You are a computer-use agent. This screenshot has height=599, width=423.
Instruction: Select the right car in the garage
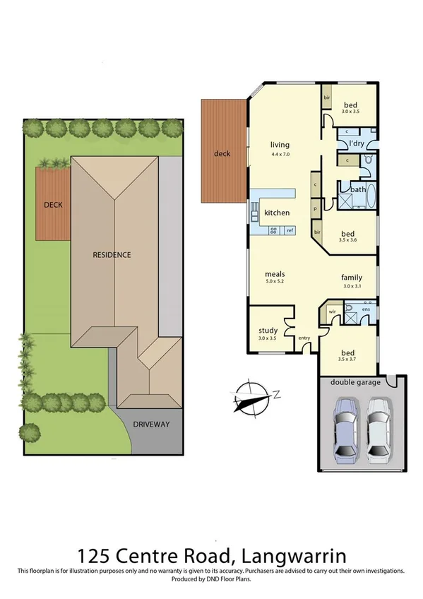coord(377,428)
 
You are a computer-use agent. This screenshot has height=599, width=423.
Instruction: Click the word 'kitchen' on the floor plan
coord(277,213)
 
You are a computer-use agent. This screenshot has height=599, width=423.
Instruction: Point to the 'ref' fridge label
coord(290,230)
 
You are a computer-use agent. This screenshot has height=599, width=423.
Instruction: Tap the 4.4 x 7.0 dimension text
coord(280,153)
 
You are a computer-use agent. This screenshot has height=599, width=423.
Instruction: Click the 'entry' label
coord(304,338)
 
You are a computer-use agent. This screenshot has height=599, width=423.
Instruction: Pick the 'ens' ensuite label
coord(366,309)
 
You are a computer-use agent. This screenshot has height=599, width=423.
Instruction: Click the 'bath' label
coord(357,189)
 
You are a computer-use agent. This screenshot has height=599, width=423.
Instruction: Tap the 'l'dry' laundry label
coord(356,144)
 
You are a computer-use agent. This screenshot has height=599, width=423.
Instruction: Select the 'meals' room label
coord(275,274)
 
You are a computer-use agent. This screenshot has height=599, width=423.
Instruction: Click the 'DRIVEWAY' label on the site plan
coord(151,424)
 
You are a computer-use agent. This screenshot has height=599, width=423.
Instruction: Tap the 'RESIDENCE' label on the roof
coord(113,255)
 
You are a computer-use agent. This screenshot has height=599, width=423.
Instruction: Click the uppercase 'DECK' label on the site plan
coord(53,205)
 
